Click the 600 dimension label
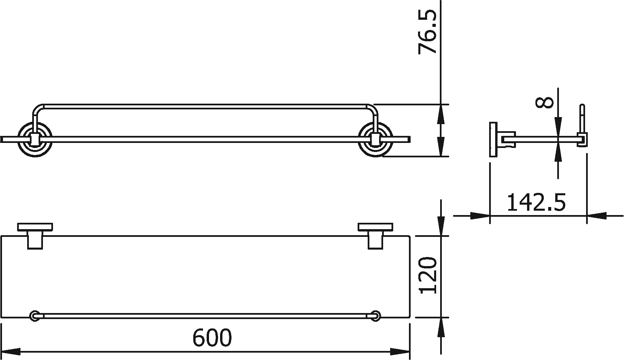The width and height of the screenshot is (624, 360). pyautogui.click(x=212, y=338)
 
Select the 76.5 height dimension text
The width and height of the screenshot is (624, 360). pyautogui.click(x=427, y=32)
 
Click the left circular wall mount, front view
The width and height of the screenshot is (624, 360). pyautogui.click(x=35, y=140)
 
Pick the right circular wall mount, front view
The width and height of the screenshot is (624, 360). pyautogui.click(x=375, y=140)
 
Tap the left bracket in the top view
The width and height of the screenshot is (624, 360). pyautogui.click(x=35, y=235)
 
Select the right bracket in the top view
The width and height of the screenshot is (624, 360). pyautogui.click(x=375, y=235)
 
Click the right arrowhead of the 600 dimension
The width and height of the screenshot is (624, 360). pyautogui.click(x=401, y=352)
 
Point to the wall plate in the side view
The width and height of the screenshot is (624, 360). pyautogui.click(x=492, y=139)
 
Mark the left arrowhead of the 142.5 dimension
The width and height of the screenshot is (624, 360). pyautogui.click(x=480, y=216)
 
